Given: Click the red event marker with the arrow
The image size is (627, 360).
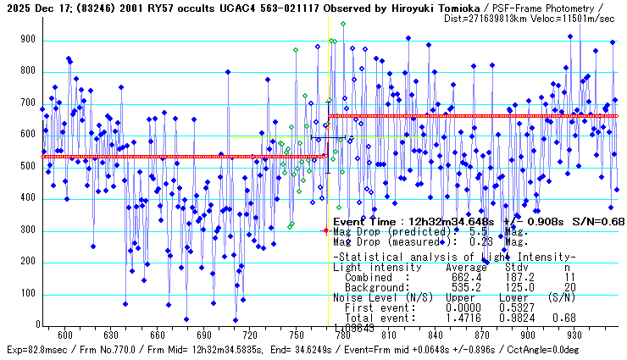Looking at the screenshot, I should tap(325, 230).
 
